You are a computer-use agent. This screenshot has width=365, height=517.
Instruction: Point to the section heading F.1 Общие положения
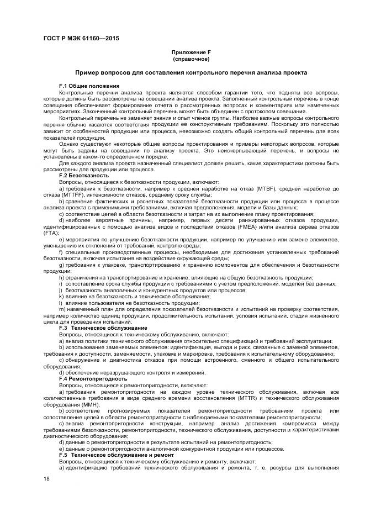pos(89,86)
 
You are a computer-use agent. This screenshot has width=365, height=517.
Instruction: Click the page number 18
pos(46,480)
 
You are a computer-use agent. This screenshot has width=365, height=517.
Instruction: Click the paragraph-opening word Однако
pos(69,143)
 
